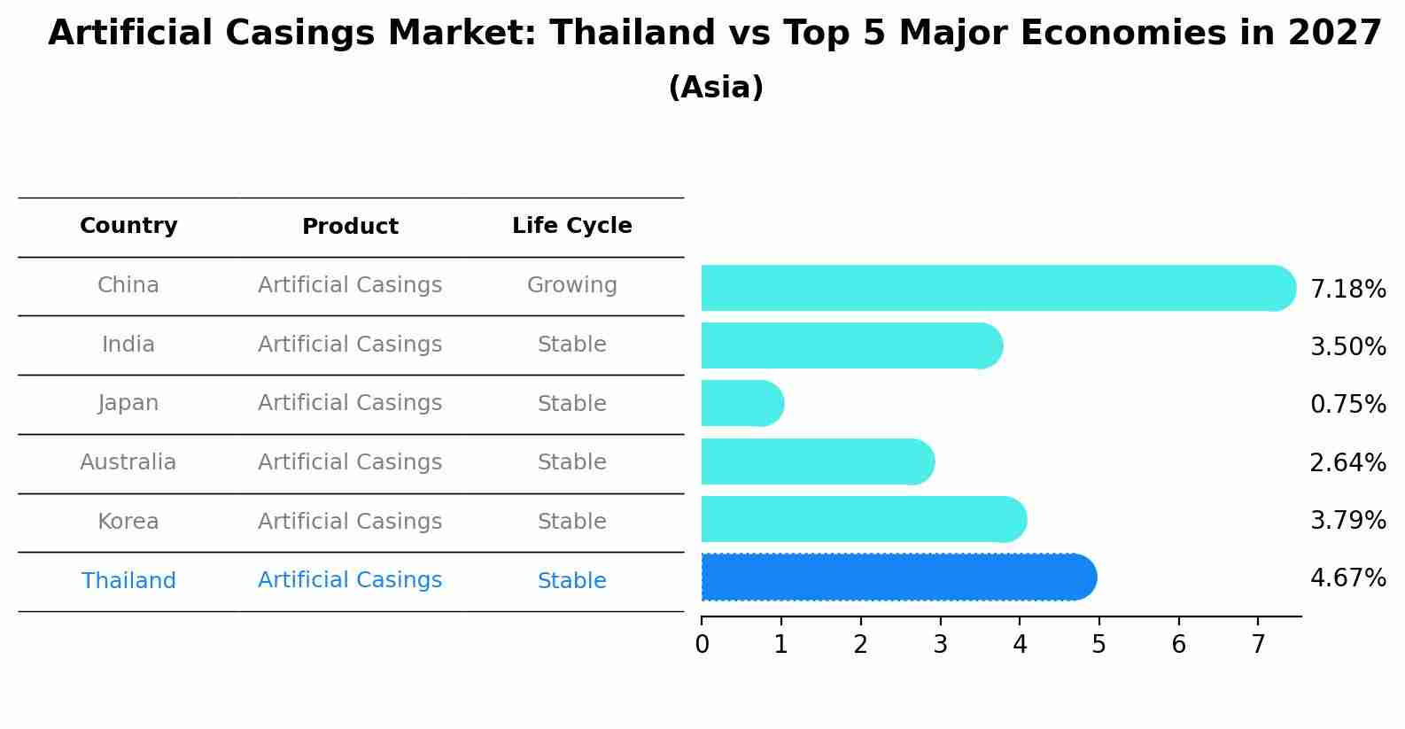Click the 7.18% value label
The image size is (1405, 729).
click(1347, 290)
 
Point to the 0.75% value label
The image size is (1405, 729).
click(1347, 405)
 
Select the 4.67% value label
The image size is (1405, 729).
click(1347, 578)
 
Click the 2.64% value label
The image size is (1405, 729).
click(1347, 463)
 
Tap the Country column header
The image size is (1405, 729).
click(128, 227)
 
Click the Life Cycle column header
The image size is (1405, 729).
click(571, 227)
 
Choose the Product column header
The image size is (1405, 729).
click(350, 228)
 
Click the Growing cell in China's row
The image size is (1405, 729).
click(571, 286)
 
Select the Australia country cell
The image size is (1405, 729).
click(128, 462)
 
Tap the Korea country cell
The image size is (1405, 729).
click(128, 522)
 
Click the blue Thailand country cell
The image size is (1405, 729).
click(128, 581)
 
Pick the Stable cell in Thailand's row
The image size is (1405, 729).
click(571, 581)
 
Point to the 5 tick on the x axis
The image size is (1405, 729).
click(1098, 645)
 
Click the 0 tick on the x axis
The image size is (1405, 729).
click(702, 645)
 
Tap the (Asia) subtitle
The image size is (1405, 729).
click(716, 88)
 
